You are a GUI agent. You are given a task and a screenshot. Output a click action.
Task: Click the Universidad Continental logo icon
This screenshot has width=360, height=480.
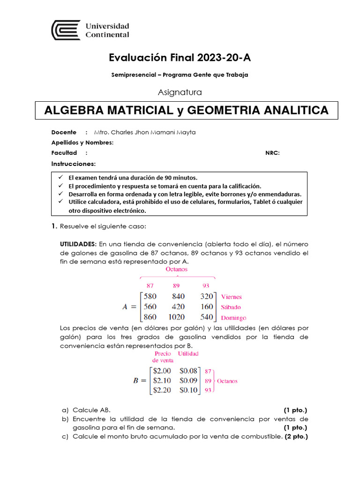[66, 30]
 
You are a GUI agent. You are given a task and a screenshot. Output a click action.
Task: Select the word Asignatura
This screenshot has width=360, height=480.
[180, 92]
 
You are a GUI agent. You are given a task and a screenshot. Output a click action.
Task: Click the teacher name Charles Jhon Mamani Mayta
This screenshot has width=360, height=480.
[145, 132]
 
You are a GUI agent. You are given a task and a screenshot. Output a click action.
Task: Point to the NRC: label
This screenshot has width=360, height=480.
[272, 153]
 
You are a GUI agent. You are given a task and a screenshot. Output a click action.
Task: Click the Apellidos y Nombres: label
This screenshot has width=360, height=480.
[82, 142]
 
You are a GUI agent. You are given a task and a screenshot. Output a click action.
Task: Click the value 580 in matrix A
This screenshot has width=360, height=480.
[150, 296]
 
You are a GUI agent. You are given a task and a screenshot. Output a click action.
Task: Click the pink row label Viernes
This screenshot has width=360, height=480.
[231, 297]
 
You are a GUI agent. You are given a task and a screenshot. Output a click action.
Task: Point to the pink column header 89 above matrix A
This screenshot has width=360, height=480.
[176, 285]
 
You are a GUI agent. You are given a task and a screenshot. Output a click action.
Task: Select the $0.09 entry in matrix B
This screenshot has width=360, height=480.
[188, 380]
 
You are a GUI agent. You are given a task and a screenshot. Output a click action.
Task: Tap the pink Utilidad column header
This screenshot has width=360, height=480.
[188, 353]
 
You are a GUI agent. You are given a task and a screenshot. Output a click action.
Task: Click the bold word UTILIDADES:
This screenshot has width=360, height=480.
[78, 244]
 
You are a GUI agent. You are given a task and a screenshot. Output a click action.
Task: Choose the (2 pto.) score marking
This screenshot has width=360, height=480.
[296, 436]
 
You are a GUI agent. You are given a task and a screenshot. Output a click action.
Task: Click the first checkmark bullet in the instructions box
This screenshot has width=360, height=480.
[60, 178]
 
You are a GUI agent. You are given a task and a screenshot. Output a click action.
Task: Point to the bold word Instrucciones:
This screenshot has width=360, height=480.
[74, 164]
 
